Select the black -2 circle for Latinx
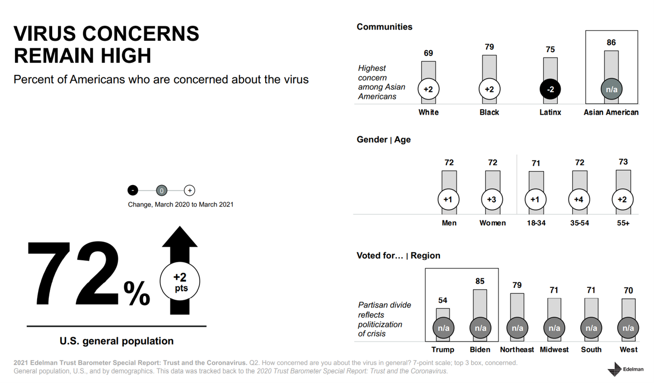pos(550,89)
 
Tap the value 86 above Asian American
pos(611,42)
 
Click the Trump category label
pos(443,350)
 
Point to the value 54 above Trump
pos(443,300)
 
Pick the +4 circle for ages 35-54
pos(579,200)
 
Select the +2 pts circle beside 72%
pos(180,281)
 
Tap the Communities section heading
pos(385,27)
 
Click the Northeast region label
pos(517,350)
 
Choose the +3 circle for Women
pos(492,200)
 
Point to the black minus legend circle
pos(133,190)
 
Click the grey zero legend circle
pos(161,190)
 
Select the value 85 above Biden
pos(480,281)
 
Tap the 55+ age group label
pos(623,223)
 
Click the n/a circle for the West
pos(628,328)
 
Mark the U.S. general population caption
pos(117,341)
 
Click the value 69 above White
pos(428,53)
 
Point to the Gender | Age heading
pos(383,140)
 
